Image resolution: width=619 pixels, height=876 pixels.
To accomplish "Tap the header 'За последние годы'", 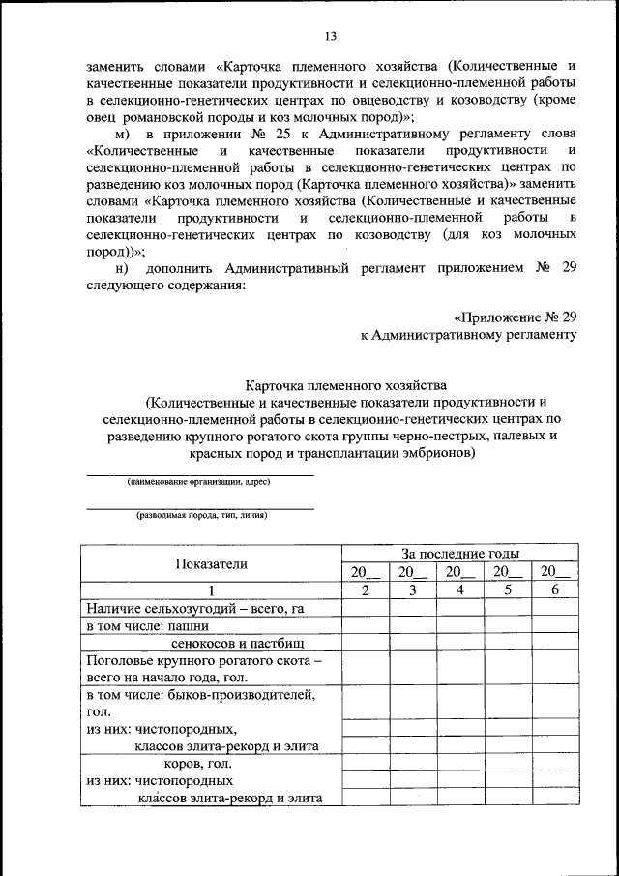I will point(460,554).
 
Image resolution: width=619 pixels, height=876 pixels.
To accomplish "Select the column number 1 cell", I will point(210,590).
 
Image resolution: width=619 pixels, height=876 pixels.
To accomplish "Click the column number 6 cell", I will point(555,590).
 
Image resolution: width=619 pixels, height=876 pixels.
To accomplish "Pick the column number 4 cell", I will point(460,590).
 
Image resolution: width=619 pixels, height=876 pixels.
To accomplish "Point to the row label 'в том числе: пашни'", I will point(148,626).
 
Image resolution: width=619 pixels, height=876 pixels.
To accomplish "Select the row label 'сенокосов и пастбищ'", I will point(238,644).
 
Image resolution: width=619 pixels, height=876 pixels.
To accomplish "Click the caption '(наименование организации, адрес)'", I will point(199,482).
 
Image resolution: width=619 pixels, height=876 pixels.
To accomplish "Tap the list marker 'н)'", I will point(122,268).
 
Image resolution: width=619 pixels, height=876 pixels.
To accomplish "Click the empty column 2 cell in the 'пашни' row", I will point(364,626).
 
